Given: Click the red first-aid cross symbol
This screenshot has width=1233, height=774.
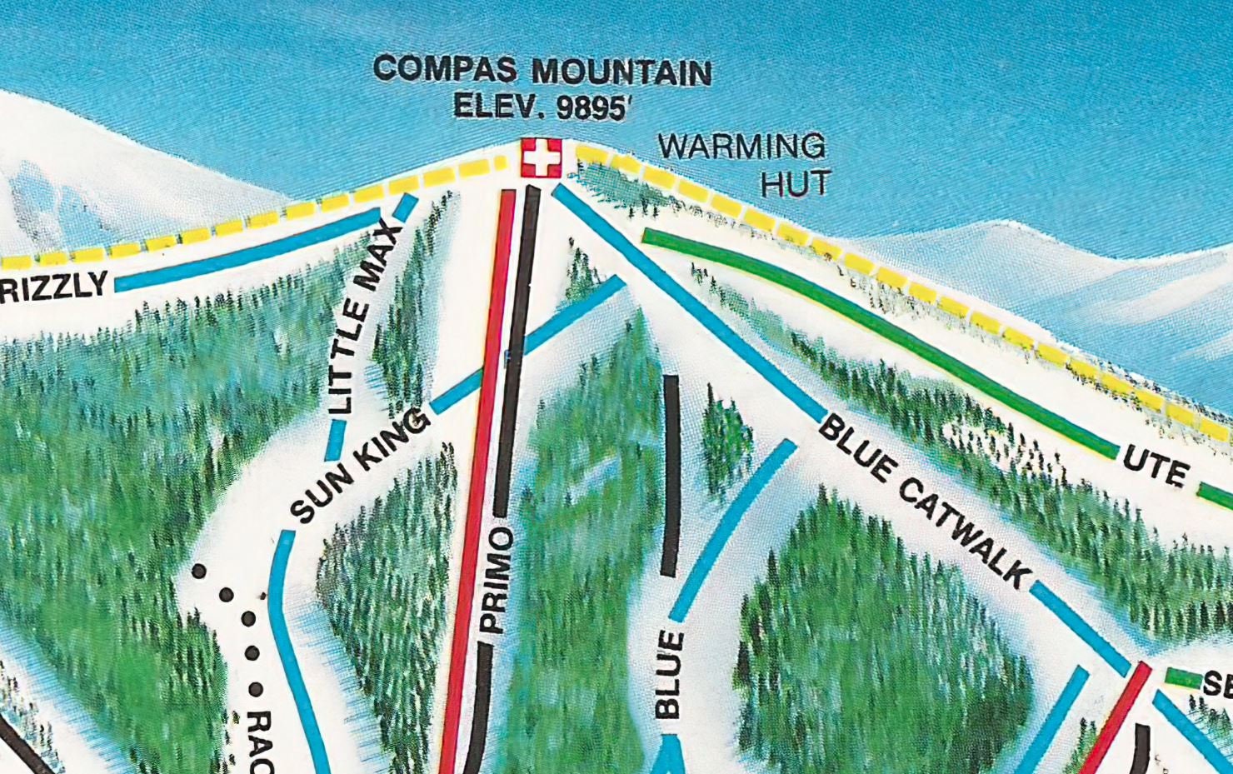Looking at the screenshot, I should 542,157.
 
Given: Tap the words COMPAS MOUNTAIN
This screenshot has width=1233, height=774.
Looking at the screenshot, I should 542,71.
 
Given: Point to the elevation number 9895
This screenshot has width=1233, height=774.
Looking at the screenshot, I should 590,107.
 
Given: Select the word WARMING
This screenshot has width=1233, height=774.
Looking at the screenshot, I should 741,147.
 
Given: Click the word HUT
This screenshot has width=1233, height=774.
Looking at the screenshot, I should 796,183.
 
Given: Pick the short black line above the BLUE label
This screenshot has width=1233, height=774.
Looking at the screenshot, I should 670,475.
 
